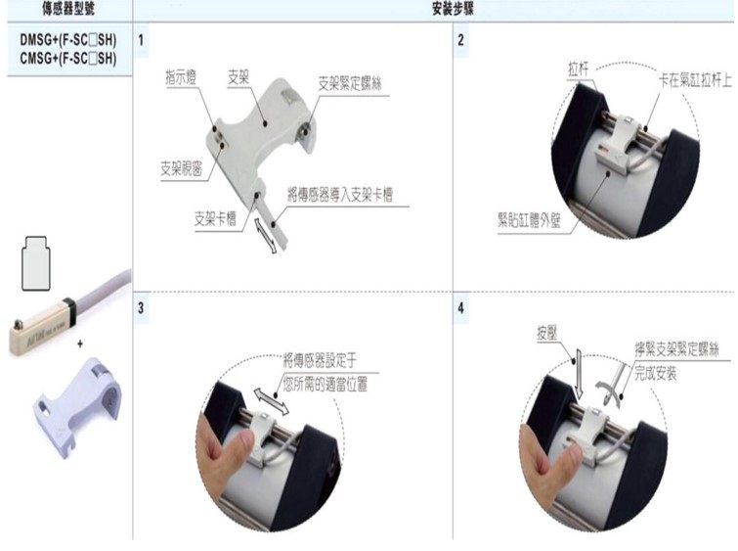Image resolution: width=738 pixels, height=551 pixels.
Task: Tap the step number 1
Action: pos(143,41)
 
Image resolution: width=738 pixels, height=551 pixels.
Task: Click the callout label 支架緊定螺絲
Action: pos(349,85)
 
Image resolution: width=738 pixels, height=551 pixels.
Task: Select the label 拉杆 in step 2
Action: pos(579,72)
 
